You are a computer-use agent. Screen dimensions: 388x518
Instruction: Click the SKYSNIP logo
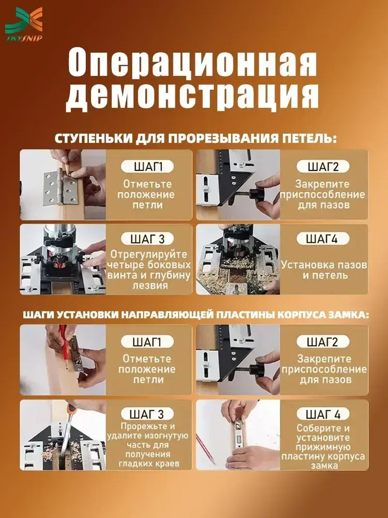pyautogui.click(x=24, y=24)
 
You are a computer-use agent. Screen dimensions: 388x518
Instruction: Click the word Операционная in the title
pyautogui.click(x=192, y=63)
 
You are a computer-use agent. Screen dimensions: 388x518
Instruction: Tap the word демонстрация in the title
pyautogui.click(x=192, y=96)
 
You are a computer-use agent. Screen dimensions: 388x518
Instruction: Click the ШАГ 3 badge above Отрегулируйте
pyautogui.click(x=147, y=238)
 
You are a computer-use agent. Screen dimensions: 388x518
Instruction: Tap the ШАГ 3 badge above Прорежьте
pyautogui.click(x=147, y=413)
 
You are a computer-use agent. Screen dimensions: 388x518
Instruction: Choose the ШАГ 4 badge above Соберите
pyautogui.click(x=323, y=413)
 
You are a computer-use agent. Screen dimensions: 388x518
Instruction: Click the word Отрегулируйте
pyautogui.click(x=148, y=255)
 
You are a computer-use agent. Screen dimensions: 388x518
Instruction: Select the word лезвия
pyautogui.click(x=148, y=285)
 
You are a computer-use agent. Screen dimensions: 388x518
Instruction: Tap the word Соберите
pyautogui.click(x=316, y=428)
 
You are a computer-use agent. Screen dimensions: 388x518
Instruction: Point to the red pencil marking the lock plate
pyautogui.click(x=65, y=348)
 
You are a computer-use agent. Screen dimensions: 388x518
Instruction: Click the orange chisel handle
pyautogui.click(x=72, y=408)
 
